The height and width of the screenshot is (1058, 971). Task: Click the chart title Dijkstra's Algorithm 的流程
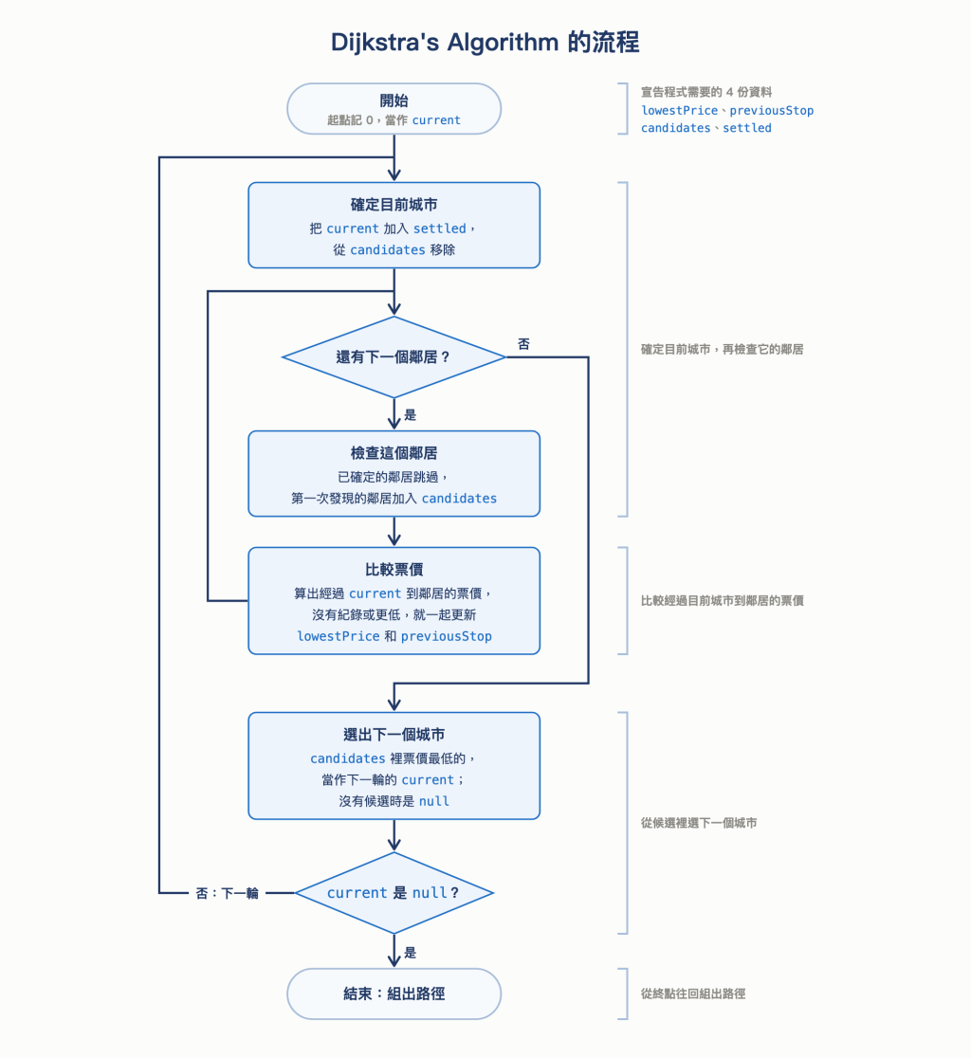coord(485,42)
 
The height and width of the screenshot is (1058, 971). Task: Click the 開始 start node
coord(394,109)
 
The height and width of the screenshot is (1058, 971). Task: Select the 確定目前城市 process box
coord(394,226)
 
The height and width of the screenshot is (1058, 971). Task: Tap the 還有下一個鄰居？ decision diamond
coord(394,357)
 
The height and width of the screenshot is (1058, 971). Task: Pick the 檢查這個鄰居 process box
coord(394,474)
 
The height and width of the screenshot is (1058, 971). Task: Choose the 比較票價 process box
coord(394,600)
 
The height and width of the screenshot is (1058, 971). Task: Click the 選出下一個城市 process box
coord(394,766)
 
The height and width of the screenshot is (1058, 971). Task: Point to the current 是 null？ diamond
coord(394,893)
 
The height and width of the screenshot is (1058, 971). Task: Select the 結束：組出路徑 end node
coord(394,994)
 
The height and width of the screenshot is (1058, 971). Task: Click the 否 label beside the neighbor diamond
coord(523,344)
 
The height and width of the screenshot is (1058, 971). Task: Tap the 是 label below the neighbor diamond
coord(411,415)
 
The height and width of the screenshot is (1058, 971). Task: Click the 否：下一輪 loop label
coord(227,893)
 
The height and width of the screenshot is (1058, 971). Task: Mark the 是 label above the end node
coord(411,953)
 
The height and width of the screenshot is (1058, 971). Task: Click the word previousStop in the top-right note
coord(771,111)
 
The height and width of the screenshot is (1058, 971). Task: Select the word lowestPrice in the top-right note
coord(680,111)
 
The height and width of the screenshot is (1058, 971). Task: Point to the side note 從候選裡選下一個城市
coord(699,823)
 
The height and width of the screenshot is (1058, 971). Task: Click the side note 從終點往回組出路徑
coord(693,994)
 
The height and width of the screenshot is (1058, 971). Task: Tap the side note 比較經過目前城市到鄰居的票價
coord(722,600)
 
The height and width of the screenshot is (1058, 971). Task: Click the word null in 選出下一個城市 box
coord(434,801)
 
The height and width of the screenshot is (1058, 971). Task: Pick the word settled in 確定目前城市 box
coord(440,228)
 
